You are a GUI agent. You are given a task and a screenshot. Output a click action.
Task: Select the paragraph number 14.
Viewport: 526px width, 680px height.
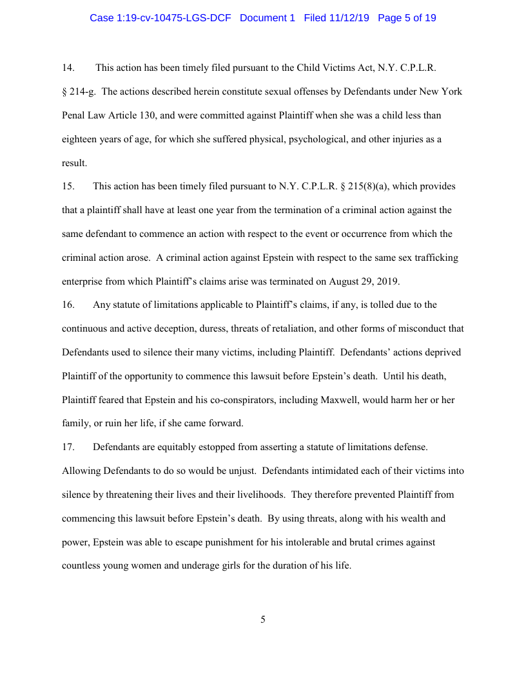68,68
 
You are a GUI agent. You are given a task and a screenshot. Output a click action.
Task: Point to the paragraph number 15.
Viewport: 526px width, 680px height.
68,187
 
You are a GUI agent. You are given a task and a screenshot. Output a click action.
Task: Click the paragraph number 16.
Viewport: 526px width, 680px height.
68,305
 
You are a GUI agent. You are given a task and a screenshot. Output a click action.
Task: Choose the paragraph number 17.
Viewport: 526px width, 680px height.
68,447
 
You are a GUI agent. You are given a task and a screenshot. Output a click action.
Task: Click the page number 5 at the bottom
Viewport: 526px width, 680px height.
263,619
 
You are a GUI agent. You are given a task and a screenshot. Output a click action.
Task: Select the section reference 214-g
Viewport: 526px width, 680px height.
83,91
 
